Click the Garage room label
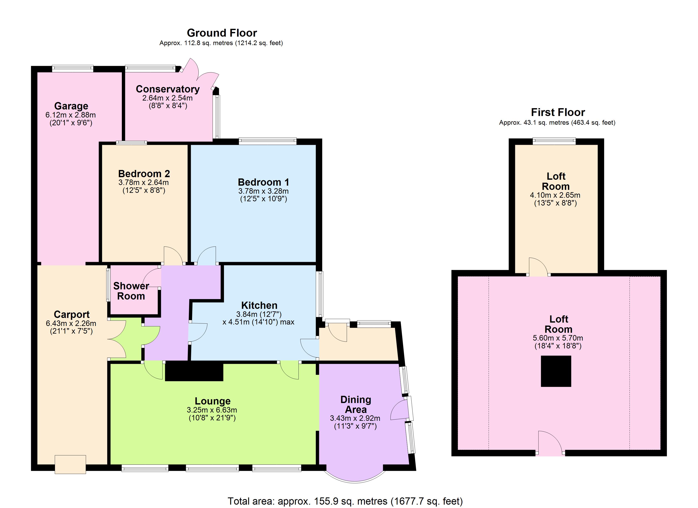click(x=71, y=106)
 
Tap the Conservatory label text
click(x=168, y=89)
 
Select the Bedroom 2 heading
click(x=144, y=174)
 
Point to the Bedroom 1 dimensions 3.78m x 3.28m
click(x=264, y=191)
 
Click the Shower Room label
click(x=131, y=291)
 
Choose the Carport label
click(x=72, y=315)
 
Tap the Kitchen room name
click(x=259, y=305)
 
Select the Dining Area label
click(x=356, y=404)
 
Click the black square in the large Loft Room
click(x=556, y=371)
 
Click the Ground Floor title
click(x=222, y=33)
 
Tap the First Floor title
click(x=558, y=112)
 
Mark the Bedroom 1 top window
click(x=267, y=141)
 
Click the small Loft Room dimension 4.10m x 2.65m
click(x=555, y=195)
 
